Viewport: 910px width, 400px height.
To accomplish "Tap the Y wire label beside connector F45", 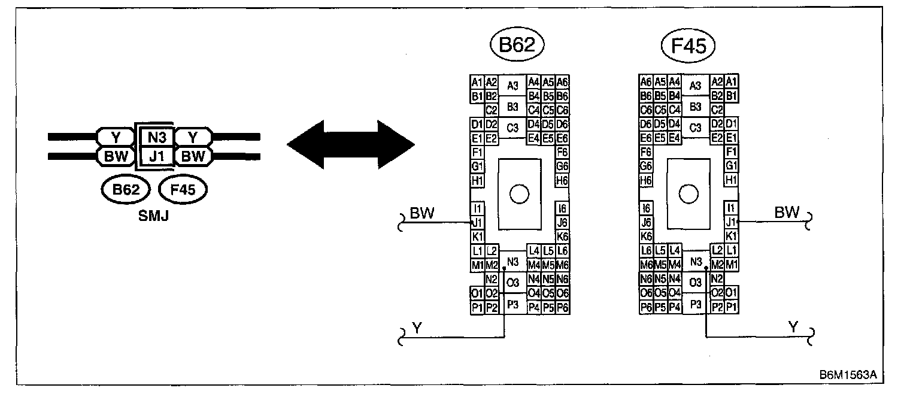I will coord(793,327).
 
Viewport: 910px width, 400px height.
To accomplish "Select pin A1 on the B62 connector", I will coord(477,82).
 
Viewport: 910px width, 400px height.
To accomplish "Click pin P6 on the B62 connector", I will coord(562,308).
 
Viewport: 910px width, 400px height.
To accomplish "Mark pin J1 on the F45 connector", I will coord(730,222).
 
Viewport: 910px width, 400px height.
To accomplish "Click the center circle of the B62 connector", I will coord(518,193).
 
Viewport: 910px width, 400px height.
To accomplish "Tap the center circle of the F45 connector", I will coord(688,193).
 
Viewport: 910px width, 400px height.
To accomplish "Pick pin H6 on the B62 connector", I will coord(562,180).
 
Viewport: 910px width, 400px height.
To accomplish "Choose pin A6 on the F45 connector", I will coord(645,82).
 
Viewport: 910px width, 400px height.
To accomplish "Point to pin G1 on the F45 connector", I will coord(730,166).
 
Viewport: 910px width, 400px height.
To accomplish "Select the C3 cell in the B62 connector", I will coord(512,127).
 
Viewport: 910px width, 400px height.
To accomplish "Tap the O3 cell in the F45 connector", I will coord(695,282).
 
